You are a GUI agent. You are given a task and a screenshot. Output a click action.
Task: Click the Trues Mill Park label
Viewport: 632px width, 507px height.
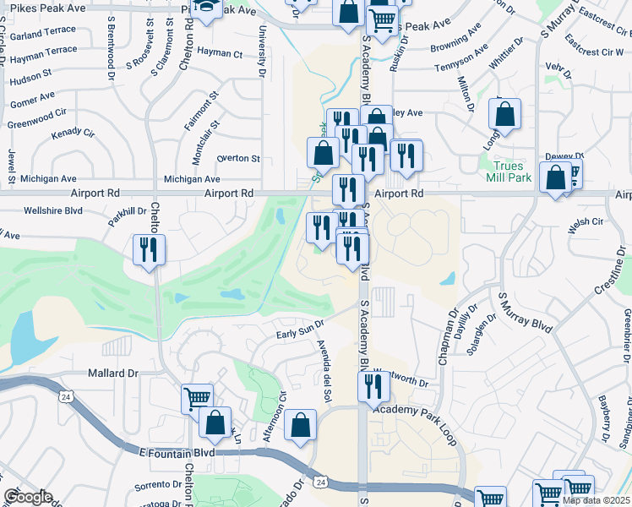(x=509, y=172)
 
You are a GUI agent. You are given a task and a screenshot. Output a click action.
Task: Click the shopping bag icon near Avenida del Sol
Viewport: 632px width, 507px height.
(x=300, y=425)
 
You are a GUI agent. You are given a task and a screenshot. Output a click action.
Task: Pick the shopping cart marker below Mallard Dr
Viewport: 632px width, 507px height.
(x=197, y=398)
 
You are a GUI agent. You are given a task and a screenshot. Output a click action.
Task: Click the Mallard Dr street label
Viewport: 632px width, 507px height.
(x=112, y=373)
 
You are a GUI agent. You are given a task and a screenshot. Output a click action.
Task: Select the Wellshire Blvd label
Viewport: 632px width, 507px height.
(x=53, y=210)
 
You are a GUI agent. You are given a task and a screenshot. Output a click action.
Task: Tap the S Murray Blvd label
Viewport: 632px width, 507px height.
(x=525, y=313)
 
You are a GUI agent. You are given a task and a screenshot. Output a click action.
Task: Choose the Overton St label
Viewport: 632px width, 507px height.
(x=238, y=158)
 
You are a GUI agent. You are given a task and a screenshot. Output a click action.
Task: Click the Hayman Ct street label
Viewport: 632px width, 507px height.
(x=220, y=52)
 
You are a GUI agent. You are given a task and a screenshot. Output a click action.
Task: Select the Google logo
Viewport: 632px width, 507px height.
(x=28, y=497)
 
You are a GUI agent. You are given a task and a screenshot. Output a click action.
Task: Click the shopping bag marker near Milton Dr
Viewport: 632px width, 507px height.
(x=504, y=115)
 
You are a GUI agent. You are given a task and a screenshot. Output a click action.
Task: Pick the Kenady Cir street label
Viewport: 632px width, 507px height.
(x=73, y=134)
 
